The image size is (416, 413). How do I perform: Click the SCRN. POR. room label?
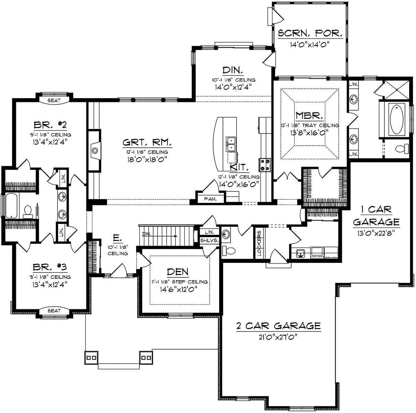tap(310, 33)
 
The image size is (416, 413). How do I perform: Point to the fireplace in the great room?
tap(95, 150)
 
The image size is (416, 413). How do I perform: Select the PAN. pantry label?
tap(210, 199)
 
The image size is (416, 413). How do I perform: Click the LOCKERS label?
tap(259, 243)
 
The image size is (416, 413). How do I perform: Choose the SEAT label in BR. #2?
tap(54, 100)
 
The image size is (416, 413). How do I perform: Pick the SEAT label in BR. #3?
tap(54, 311)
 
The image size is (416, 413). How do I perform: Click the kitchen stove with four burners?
tap(265, 165)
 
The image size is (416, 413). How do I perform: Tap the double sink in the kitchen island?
tap(231, 144)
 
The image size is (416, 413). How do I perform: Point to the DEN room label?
tap(178, 272)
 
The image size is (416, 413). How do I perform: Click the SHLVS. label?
tap(209, 240)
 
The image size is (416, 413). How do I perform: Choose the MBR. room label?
tap(309, 116)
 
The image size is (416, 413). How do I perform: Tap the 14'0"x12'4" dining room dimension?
tap(233, 87)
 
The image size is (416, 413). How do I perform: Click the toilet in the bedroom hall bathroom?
tap(28, 210)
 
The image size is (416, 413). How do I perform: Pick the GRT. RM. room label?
tap(147, 142)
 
